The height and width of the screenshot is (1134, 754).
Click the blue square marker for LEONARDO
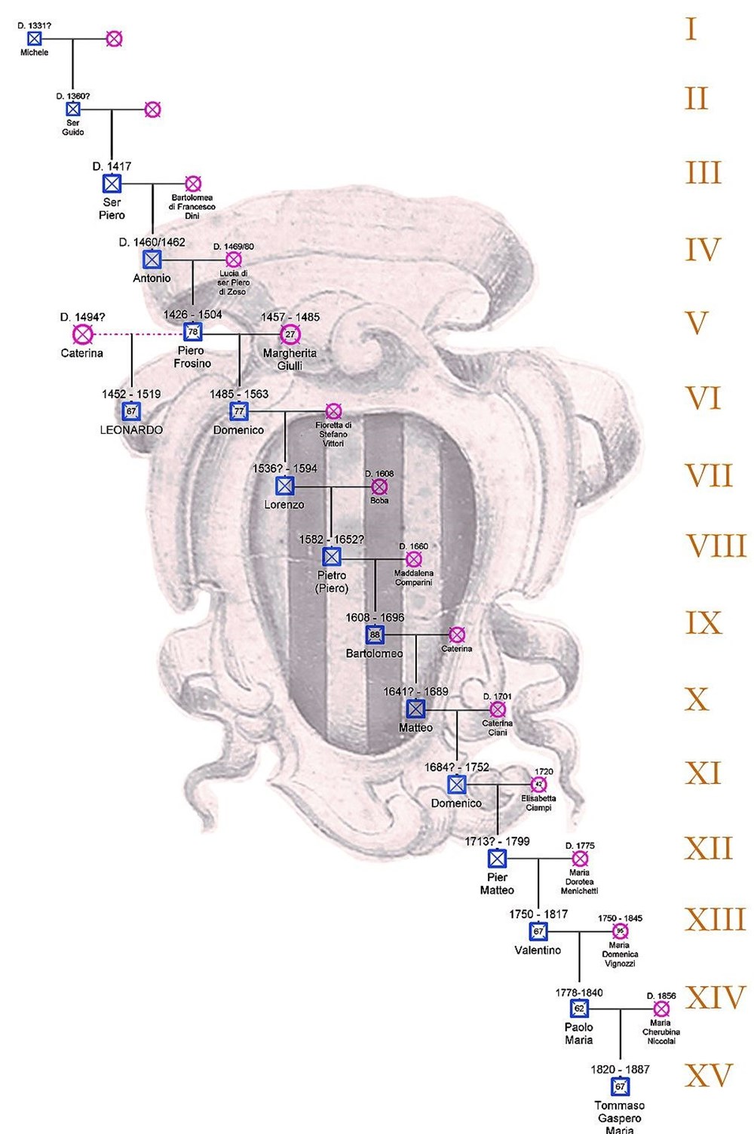131,411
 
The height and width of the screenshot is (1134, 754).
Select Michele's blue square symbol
35,38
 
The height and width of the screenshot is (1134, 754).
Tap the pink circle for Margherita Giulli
290,334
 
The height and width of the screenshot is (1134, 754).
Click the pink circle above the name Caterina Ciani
497,709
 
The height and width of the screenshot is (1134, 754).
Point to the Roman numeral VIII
716,546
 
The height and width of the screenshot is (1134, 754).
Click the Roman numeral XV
708,1075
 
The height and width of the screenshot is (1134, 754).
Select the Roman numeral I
691,30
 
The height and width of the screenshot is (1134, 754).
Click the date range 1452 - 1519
131,394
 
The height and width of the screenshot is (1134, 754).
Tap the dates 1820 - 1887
620,1069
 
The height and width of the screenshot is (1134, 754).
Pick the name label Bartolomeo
374,653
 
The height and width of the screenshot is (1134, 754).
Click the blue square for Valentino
538,931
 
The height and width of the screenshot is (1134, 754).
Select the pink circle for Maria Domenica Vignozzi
620,931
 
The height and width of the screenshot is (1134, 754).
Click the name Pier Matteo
497,884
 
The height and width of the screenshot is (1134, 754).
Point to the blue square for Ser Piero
112,183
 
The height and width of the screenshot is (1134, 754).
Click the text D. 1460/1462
152,242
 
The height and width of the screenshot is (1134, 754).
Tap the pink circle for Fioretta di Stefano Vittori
333,411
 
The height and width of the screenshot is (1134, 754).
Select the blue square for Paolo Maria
579,1008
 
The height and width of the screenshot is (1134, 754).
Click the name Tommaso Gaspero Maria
619,1118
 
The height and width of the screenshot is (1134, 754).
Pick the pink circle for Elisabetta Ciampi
538,785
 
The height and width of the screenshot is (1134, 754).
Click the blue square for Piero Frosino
192,332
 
